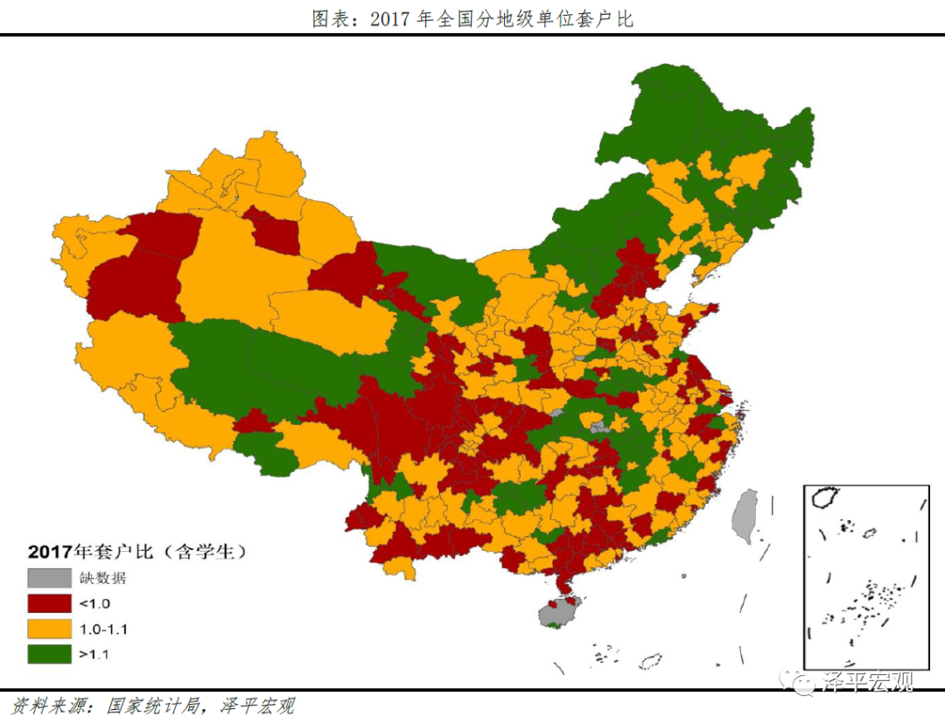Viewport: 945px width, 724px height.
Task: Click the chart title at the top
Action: (472, 18)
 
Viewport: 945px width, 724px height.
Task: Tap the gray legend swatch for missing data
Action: (49, 578)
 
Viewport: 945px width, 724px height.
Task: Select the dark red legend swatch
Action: (49, 603)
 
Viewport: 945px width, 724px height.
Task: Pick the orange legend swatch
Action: (49, 629)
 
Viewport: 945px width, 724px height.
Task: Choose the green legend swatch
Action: (49, 653)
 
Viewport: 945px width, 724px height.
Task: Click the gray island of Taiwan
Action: (745, 516)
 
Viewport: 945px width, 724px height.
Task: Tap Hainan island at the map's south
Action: (556, 613)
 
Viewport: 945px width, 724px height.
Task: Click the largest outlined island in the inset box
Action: (825, 498)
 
